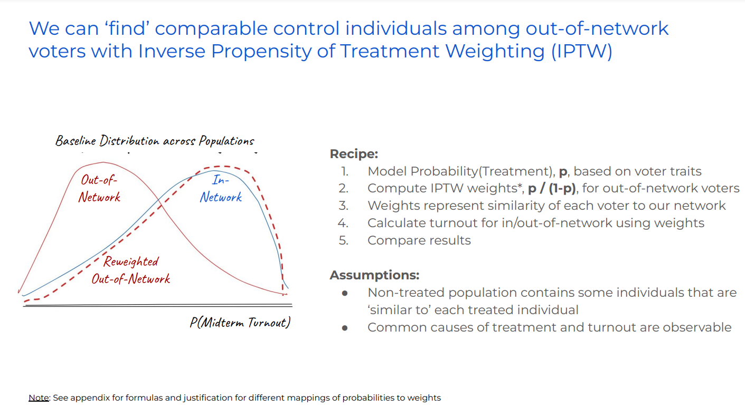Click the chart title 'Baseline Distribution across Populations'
coord(155,141)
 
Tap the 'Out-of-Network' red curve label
coord(100,188)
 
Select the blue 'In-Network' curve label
coord(221,188)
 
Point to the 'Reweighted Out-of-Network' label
coord(131,270)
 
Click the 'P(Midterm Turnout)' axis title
coord(240,322)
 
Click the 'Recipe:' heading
coord(354,154)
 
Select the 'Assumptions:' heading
coord(374,275)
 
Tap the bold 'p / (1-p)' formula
coord(552,189)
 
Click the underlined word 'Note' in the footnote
coord(39,398)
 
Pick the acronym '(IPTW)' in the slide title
coord(581,52)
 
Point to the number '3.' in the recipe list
coord(344,206)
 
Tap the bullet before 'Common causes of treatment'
coord(345,328)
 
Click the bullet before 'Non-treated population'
coord(345,293)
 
